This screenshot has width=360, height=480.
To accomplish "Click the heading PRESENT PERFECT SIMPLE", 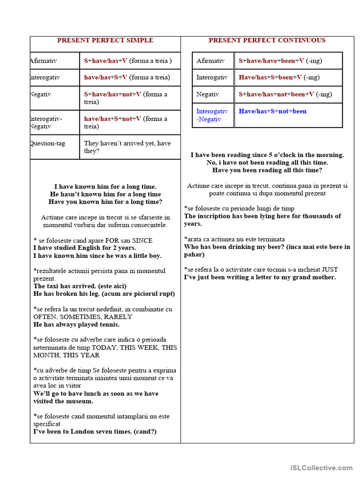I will coord(105,40).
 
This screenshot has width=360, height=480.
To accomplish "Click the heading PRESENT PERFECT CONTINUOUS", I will coord(267,40).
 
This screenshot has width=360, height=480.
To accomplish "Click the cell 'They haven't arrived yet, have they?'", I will coord(127,147).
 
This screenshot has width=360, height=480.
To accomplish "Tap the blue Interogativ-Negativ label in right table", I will coord(212,115).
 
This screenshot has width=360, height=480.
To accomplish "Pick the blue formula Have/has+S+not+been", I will coord(272,111).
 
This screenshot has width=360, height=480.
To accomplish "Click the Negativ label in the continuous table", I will coord(208,94).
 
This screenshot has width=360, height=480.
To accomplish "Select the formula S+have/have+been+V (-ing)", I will coord(280,60).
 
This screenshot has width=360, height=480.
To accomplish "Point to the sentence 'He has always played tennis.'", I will coord(76,324).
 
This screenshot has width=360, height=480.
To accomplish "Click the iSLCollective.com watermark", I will coord(321,467).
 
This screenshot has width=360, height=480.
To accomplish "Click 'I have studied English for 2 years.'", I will coord(84,248).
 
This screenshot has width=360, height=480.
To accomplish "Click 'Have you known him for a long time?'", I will coord(105,202).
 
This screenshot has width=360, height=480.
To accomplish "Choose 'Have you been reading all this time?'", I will coord(267,170).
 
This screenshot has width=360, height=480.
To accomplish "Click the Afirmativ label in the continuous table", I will coord(210,60).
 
